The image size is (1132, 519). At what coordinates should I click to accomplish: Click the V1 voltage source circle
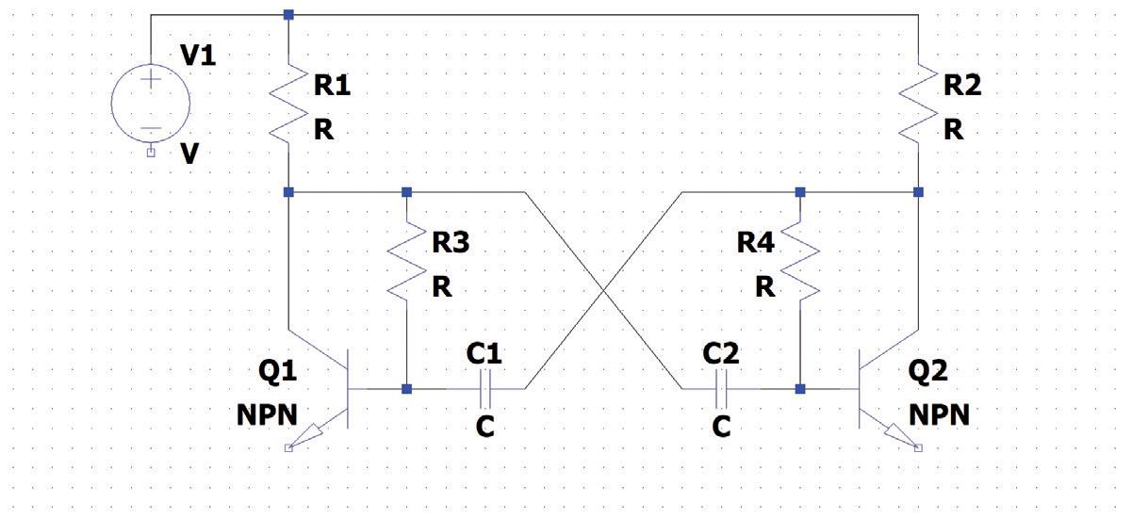pos(150,103)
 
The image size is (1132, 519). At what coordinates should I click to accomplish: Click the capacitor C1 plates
pos(484,387)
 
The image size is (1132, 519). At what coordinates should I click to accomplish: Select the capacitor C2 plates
pos(721,387)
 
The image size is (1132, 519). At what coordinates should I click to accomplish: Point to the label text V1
pos(198,56)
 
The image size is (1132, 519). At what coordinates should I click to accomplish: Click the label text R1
pos(332,87)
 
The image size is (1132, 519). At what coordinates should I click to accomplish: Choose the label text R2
pos(961,86)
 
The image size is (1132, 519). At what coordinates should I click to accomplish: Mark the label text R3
pos(451,243)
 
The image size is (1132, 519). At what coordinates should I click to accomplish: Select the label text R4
pos(755,243)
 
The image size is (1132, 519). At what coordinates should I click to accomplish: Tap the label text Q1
pos(277,372)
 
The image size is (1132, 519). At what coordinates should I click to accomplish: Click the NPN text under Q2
pos(939,414)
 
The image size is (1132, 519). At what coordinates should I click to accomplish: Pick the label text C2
pos(721,354)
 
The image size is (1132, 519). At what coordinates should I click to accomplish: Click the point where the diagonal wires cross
pos(602,289)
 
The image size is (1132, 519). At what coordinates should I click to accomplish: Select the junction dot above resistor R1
pos(288,14)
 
